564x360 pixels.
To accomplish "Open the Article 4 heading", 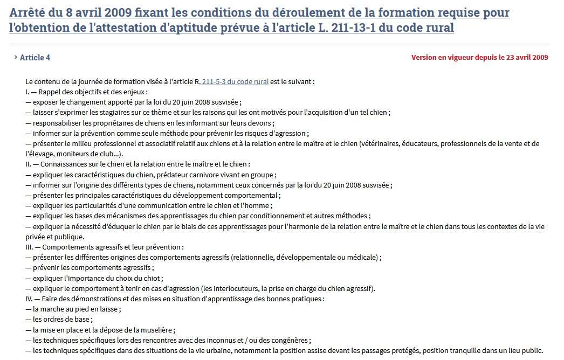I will pos(35,58).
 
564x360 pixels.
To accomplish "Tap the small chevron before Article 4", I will pos(16,57).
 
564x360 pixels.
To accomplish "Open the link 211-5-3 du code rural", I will pos(235,82).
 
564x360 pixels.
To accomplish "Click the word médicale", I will pos(362,257).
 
